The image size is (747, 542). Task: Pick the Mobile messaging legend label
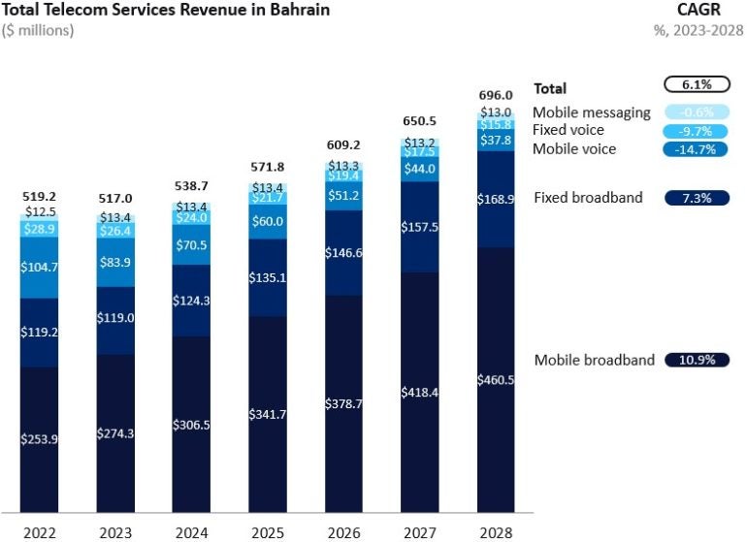591,112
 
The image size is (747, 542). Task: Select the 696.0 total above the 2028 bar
496,95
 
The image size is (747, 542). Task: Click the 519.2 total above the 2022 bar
40,196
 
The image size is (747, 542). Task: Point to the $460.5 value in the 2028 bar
496,380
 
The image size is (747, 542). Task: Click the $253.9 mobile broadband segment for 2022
40,438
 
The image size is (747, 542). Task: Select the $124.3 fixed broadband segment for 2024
192,301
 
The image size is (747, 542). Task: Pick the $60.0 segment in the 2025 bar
268,221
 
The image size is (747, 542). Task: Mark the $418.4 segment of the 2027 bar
419,392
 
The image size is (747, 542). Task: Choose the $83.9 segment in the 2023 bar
115,263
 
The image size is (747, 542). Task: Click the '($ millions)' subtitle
39,30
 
